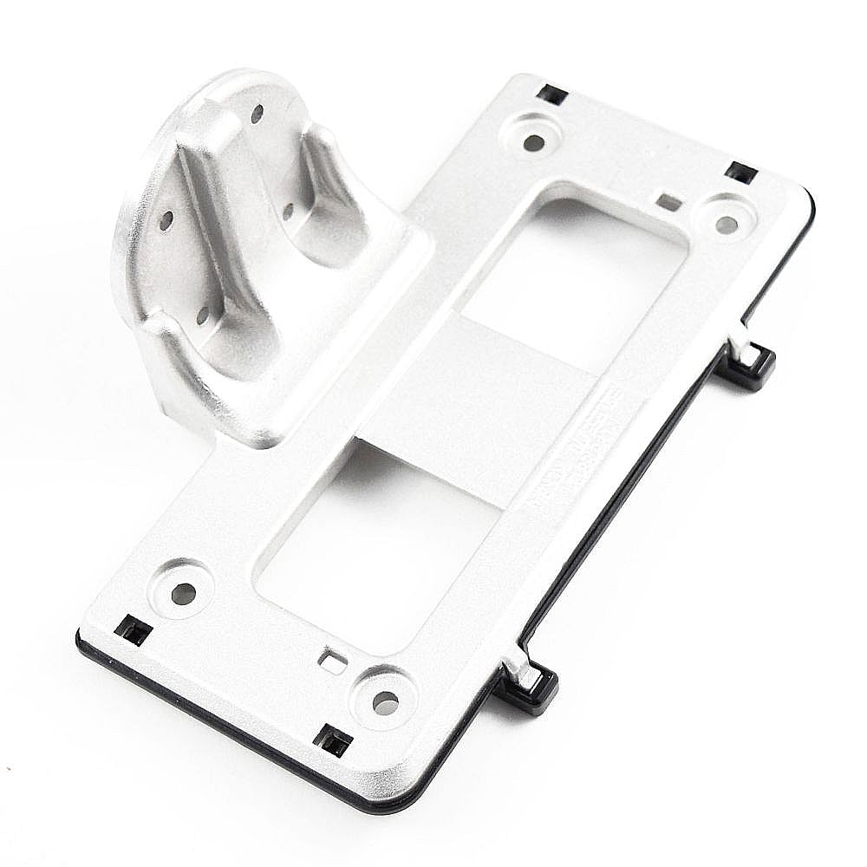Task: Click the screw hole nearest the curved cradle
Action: click(x=534, y=141)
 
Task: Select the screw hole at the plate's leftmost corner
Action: click(x=183, y=593)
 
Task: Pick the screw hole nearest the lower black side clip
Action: click(x=385, y=702)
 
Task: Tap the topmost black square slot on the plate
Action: click(x=551, y=94)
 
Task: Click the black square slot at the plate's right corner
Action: click(x=741, y=172)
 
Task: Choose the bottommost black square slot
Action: click(x=333, y=740)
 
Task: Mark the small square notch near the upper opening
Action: click(x=668, y=202)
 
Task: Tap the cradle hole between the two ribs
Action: click(x=288, y=209)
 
